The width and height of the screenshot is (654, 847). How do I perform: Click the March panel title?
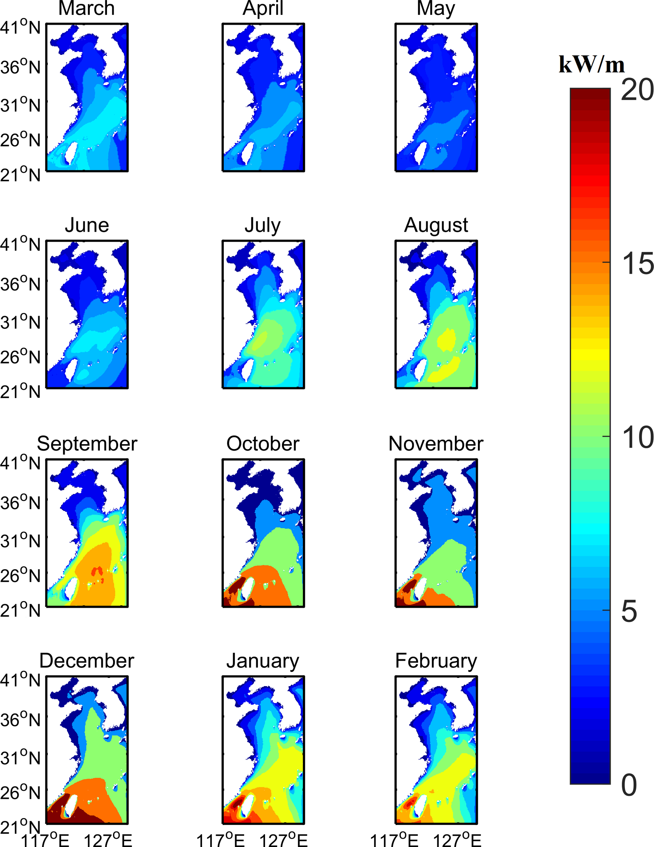(x=86, y=8)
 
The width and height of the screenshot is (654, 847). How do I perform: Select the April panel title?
(x=263, y=8)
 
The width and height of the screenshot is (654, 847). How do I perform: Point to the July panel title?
(x=263, y=226)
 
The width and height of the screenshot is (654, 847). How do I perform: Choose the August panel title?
(x=436, y=226)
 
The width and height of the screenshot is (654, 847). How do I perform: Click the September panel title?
(x=87, y=444)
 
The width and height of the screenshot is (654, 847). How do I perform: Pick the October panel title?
(x=263, y=444)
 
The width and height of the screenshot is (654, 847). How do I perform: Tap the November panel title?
(x=436, y=444)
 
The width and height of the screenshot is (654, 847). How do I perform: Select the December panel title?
(x=87, y=661)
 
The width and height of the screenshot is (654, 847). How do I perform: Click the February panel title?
(x=436, y=662)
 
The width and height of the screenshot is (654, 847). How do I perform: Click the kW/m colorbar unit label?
(x=592, y=64)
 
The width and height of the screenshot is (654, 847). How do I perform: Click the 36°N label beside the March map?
(x=20, y=67)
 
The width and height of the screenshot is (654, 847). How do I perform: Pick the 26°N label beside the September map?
(x=20, y=576)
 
